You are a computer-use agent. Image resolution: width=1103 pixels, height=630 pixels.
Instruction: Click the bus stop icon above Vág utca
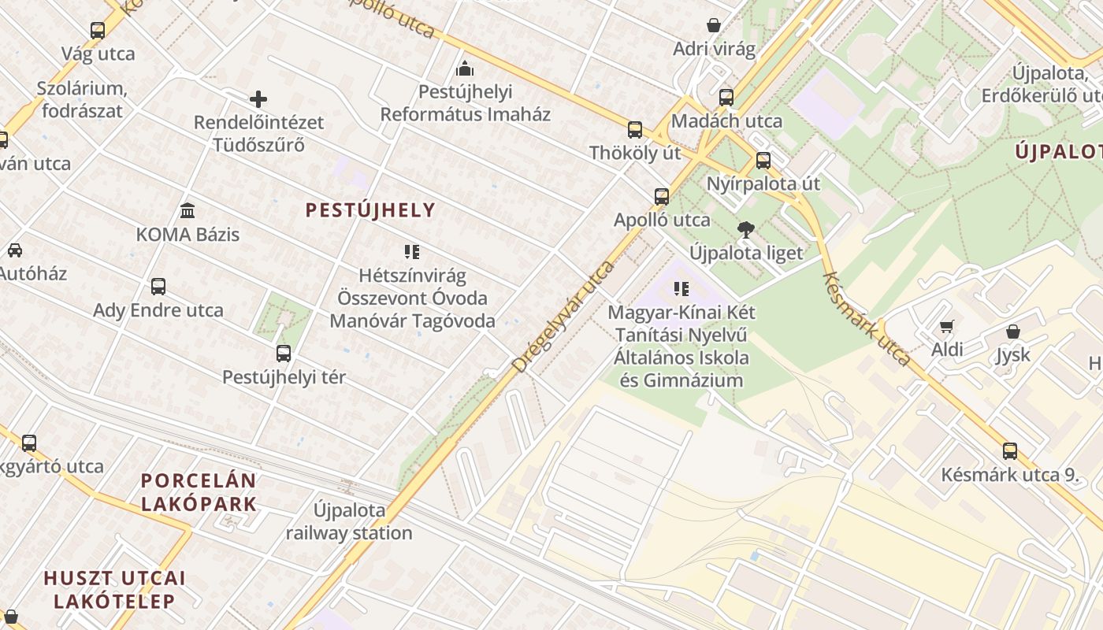(98, 31)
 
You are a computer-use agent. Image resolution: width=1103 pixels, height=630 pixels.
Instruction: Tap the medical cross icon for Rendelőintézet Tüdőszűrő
(258, 99)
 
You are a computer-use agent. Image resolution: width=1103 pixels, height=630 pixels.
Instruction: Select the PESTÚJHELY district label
(370, 210)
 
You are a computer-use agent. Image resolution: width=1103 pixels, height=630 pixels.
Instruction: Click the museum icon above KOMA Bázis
(188, 211)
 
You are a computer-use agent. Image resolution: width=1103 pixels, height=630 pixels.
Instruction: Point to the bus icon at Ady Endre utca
(158, 287)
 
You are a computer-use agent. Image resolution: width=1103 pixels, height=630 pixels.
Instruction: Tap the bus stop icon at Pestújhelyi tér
(284, 354)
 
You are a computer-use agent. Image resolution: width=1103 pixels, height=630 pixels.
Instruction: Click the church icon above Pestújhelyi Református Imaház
(465, 69)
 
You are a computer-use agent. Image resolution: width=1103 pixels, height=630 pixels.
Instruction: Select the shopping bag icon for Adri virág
(714, 25)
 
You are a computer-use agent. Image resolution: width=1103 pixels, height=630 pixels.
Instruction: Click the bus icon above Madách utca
(726, 98)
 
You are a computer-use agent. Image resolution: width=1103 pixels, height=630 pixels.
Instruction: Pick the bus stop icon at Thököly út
(635, 130)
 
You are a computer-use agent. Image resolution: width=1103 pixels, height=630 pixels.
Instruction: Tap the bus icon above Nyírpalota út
(763, 161)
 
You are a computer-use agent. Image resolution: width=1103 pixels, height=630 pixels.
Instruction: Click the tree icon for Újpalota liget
(745, 230)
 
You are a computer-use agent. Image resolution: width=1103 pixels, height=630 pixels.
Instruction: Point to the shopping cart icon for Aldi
(947, 326)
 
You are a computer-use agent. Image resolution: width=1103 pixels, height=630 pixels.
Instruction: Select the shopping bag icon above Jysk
(1013, 332)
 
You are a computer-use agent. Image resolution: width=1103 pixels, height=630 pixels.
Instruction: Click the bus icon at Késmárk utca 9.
(1010, 451)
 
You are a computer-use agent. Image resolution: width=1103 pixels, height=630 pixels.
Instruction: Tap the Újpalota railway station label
(349, 521)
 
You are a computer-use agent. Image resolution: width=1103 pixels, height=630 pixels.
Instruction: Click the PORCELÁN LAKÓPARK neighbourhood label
(199, 492)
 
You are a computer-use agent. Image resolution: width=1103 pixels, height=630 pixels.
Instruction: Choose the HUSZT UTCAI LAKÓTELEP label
(114, 590)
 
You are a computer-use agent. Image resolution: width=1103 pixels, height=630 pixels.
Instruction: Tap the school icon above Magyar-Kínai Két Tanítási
(681, 289)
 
